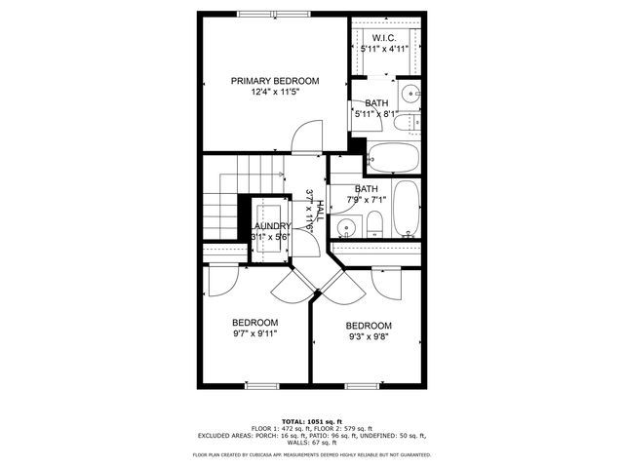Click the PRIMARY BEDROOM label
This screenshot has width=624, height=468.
coord(274,81)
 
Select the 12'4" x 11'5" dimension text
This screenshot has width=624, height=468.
coord(274,93)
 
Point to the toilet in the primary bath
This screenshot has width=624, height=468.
coord(413,124)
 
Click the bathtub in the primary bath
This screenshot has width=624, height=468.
coord(392,157)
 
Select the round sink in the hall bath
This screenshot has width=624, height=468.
coord(344,228)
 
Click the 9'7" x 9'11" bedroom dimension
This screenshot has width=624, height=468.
coord(254,333)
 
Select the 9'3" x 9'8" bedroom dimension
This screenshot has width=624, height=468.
coord(369,336)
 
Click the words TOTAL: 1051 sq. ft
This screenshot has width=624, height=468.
coord(312,421)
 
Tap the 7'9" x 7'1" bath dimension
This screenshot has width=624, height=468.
coord(366,201)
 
